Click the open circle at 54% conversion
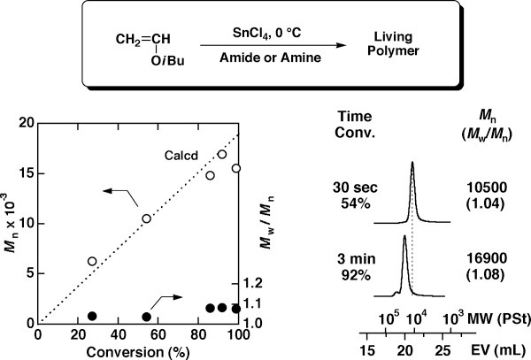(x=147, y=218)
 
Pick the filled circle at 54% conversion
(x=147, y=317)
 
